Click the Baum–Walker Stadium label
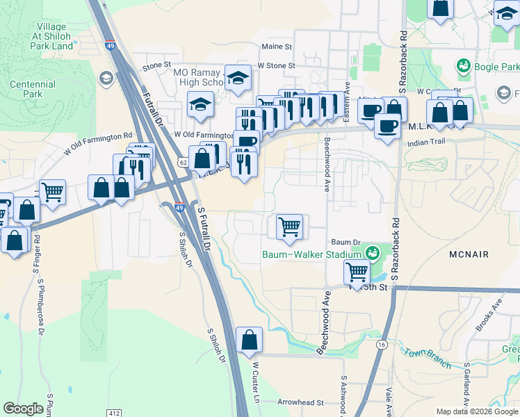pos(311,254)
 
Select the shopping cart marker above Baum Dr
pos(289,226)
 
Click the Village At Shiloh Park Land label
pos(51,35)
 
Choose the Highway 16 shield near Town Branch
pos(381,344)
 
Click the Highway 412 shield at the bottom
pos(114,412)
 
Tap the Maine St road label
pos(277,47)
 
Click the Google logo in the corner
pos(23,409)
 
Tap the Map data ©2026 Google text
pos(476,411)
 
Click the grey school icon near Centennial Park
pos(106,76)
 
